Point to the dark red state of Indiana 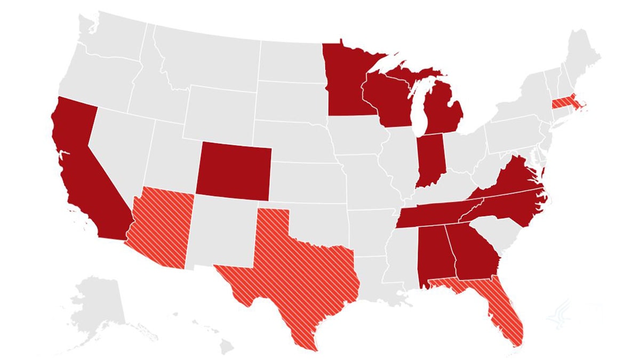[x=430, y=160]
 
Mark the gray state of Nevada [x=117, y=149]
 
